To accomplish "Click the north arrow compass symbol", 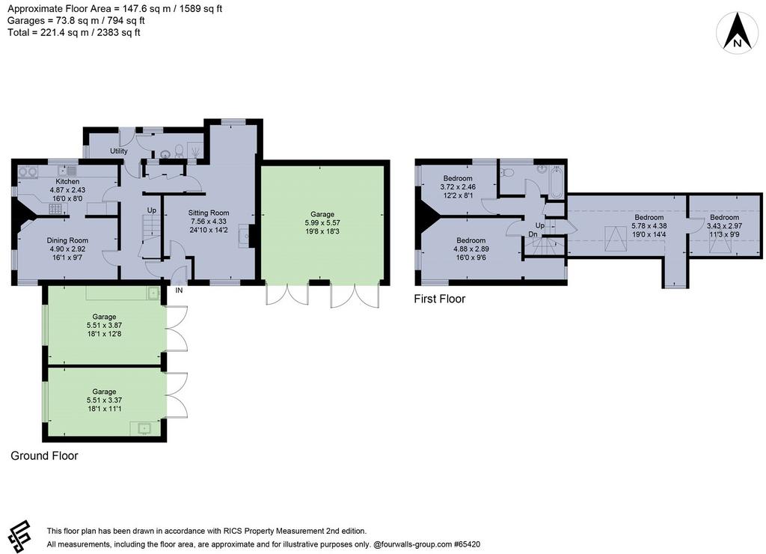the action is (x=737, y=32).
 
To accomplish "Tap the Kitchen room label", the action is (x=67, y=181).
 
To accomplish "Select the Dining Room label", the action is (x=67, y=240).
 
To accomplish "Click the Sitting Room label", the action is (x=209, y=213).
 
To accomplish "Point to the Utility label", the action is (x=119, y=151).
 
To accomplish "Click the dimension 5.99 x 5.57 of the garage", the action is (x=322, y=222).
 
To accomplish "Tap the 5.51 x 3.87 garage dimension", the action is (x=104, y=325).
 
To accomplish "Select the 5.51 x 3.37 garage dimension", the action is (x=104, y=400).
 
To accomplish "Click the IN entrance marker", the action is (x=180, y=290).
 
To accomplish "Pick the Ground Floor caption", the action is (x=44, y=456).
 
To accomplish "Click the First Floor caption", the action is (x=440, y=299).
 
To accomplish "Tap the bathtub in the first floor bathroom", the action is (x=557, y=182).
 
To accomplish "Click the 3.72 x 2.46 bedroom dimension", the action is (x=458, y=186).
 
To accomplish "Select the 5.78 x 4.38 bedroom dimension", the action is (x=649, y=226).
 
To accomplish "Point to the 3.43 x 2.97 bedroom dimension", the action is (x=724, y=226).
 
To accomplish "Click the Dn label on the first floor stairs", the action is (x=533, y=234).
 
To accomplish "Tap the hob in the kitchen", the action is (x=55, y=210).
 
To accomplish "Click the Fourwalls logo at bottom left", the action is (x=19, y=536).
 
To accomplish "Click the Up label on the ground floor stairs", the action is (x=152, y=210).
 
